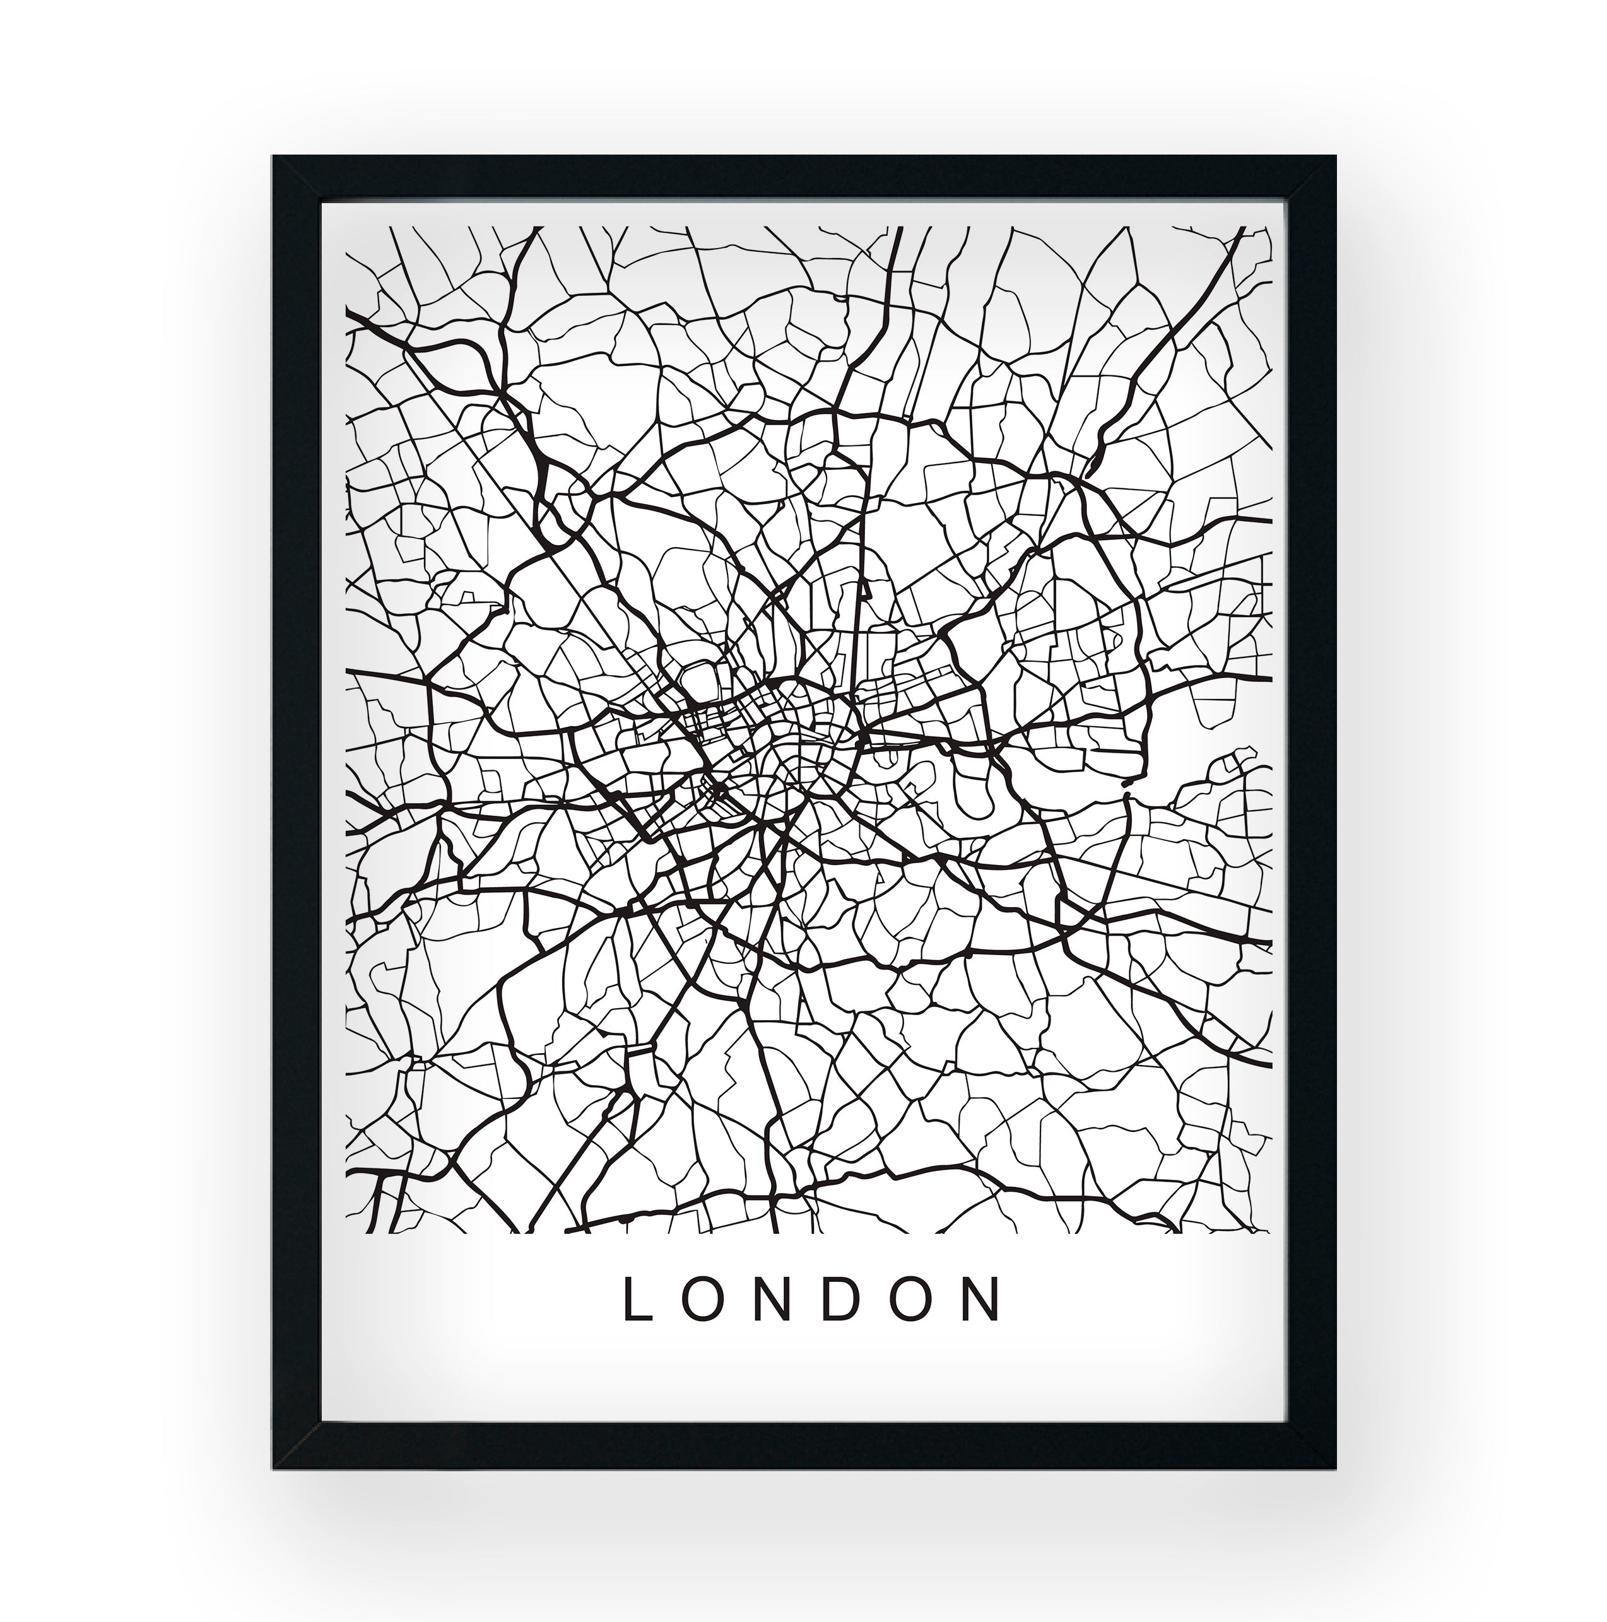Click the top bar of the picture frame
point(804,178)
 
